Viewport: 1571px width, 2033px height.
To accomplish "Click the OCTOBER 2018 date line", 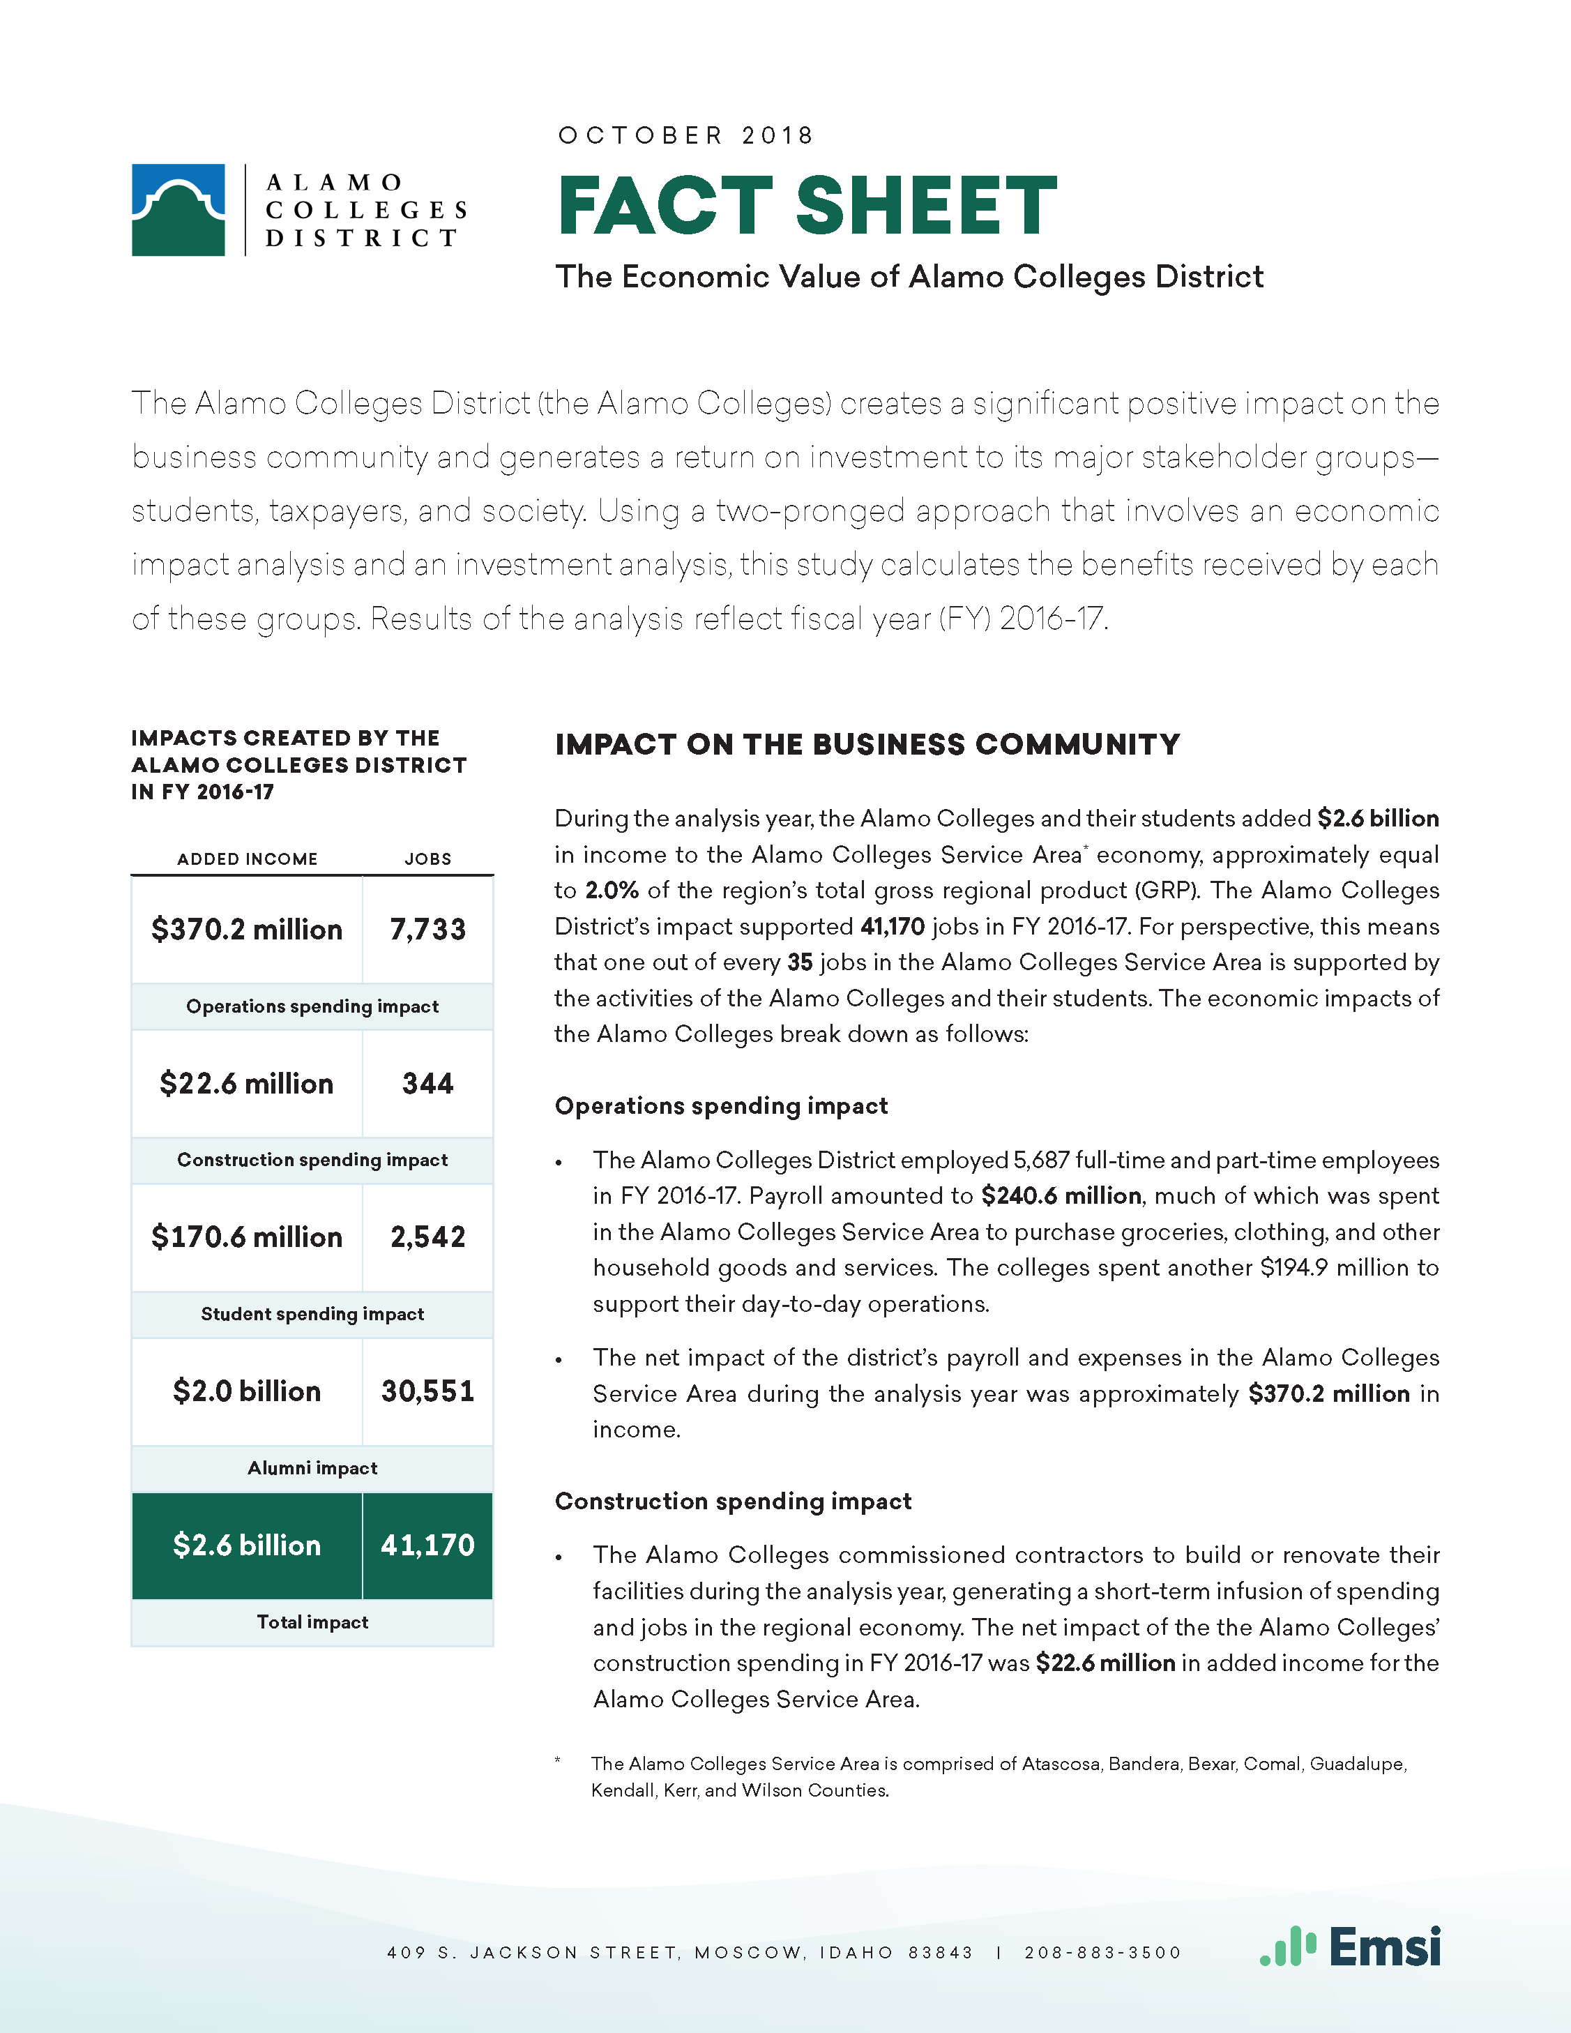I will (686, 136).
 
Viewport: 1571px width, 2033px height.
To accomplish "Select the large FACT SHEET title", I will (807, 206).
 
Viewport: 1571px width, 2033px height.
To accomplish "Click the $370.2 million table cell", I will (247, 929).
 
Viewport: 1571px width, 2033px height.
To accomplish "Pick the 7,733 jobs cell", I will (427, 929).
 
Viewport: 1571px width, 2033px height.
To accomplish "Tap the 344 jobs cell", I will (427, 1084).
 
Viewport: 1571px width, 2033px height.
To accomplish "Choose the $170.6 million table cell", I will (247, 1237).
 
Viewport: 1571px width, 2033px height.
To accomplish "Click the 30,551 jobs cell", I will (427, 1391).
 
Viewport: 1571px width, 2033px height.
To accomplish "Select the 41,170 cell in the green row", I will (427, 1545).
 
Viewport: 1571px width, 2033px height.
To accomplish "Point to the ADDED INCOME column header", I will (248, 859).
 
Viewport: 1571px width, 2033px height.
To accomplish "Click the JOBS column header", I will (428, 859).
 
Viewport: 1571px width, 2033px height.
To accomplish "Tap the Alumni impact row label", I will (312, 1468).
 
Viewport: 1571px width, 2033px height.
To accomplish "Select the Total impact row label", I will (312, 1622).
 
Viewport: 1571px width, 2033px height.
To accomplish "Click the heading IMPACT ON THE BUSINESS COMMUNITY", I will (867, 745).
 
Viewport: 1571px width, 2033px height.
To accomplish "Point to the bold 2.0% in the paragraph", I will (612, 891).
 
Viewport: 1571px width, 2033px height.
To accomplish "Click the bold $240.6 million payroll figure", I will (1061, 1196).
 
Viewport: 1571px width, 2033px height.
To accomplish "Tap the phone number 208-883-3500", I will (1103, 1952).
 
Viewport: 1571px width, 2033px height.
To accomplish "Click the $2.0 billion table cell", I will (247, 1391).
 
